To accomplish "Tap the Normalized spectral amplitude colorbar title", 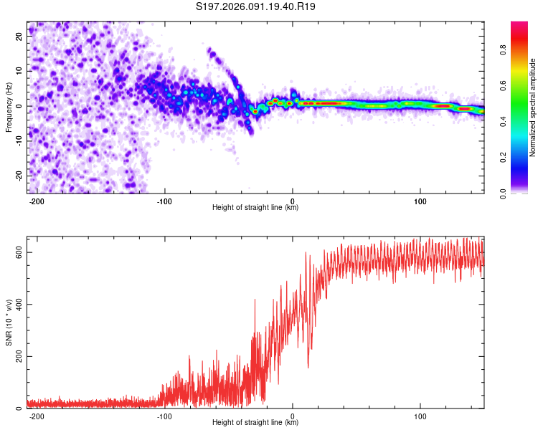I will (x=533, y=107).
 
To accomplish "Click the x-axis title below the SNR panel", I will (x=255, y=423).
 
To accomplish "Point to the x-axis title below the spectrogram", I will (x=255, y=209).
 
